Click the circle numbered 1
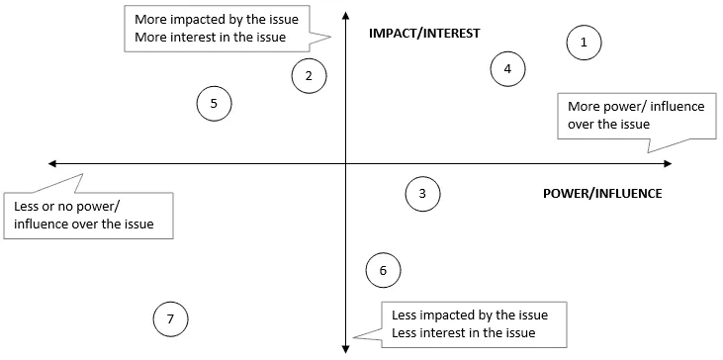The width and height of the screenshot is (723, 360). pos(584,43)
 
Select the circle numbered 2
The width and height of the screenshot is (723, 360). pos(309,75)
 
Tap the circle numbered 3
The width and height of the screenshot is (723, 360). pos(422,194)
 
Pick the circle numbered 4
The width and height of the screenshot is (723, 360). pos(507,69)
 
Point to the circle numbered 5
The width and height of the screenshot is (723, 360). pos(214,103)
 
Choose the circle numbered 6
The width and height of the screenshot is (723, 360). pos(383,269)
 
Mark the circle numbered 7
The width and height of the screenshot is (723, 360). pos(171,318)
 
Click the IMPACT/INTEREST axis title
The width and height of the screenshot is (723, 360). pos(423,33)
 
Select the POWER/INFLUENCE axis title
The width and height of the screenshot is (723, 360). pos(602,193)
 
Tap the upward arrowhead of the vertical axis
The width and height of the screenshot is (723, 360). pos(345,15)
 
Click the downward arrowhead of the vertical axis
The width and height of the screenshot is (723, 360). pos(345,345)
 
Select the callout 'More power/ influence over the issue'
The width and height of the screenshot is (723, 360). pos(628,116)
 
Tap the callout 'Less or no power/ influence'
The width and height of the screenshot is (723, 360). pos(88,216)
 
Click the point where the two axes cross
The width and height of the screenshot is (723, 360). pos(345,163)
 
